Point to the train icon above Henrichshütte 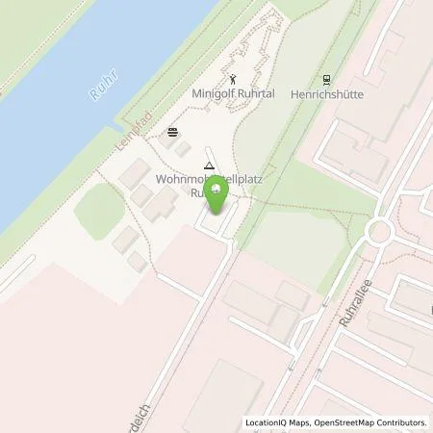(x=327, y=80)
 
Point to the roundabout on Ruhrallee (x=378, y=230)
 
